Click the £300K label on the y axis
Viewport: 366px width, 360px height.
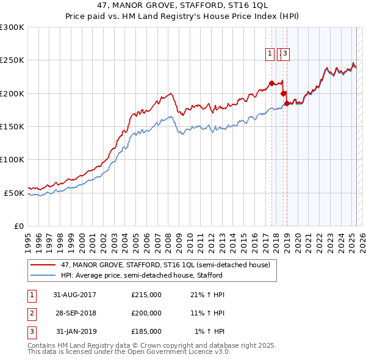coord(12,27)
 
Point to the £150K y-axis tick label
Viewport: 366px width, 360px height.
coord(12,127)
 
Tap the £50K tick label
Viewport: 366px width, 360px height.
coord(15,193)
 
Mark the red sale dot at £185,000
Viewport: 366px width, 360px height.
coord(287,103)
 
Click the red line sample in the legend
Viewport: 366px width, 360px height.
coord(43,265)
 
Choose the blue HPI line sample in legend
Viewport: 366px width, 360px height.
coord(43,275)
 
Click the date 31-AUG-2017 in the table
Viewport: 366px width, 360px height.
coord(75,295)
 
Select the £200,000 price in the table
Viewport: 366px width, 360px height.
coord(146,313)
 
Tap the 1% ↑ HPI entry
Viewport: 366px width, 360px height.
coord(210,331)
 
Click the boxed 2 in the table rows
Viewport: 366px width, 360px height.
coord(30,313)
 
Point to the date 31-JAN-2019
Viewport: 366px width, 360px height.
coord(75,331)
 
